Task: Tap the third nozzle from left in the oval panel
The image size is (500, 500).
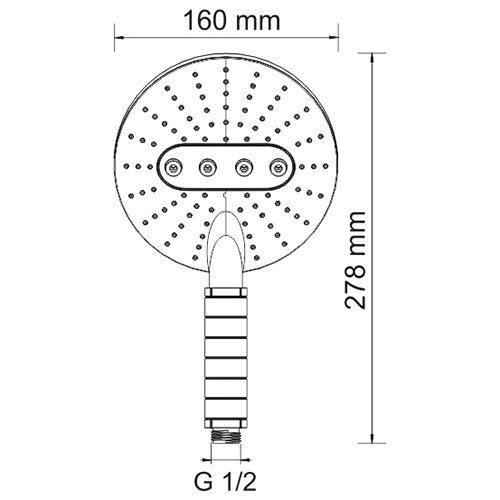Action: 242,167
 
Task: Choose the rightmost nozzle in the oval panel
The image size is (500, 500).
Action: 275,167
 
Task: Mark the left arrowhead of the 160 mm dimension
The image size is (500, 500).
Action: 125,41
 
